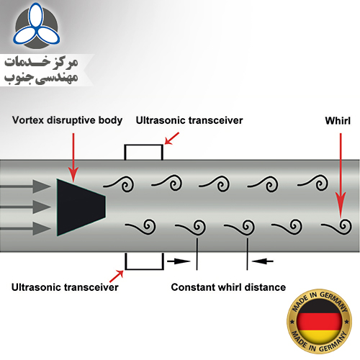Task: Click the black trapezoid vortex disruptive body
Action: pos(79,207)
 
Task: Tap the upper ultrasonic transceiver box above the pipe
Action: pos(144,145)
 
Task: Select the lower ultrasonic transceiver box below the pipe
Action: pos(144,269)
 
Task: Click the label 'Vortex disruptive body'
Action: pos(67,120)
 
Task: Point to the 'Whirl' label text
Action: pos(338,120)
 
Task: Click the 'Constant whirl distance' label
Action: pos(228,287)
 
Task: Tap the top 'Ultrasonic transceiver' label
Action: pos(189,120)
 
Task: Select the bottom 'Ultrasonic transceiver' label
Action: pos(65,287)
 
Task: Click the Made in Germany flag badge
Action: pos(320,321)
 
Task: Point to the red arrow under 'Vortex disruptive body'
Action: pos(73,157)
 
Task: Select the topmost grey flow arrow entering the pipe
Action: pos(25,186)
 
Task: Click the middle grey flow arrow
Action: pos(25,207)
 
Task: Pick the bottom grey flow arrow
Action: pos(25,228)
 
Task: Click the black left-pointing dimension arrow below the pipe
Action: pos(262,261)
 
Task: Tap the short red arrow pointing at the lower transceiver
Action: pos(117,276)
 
